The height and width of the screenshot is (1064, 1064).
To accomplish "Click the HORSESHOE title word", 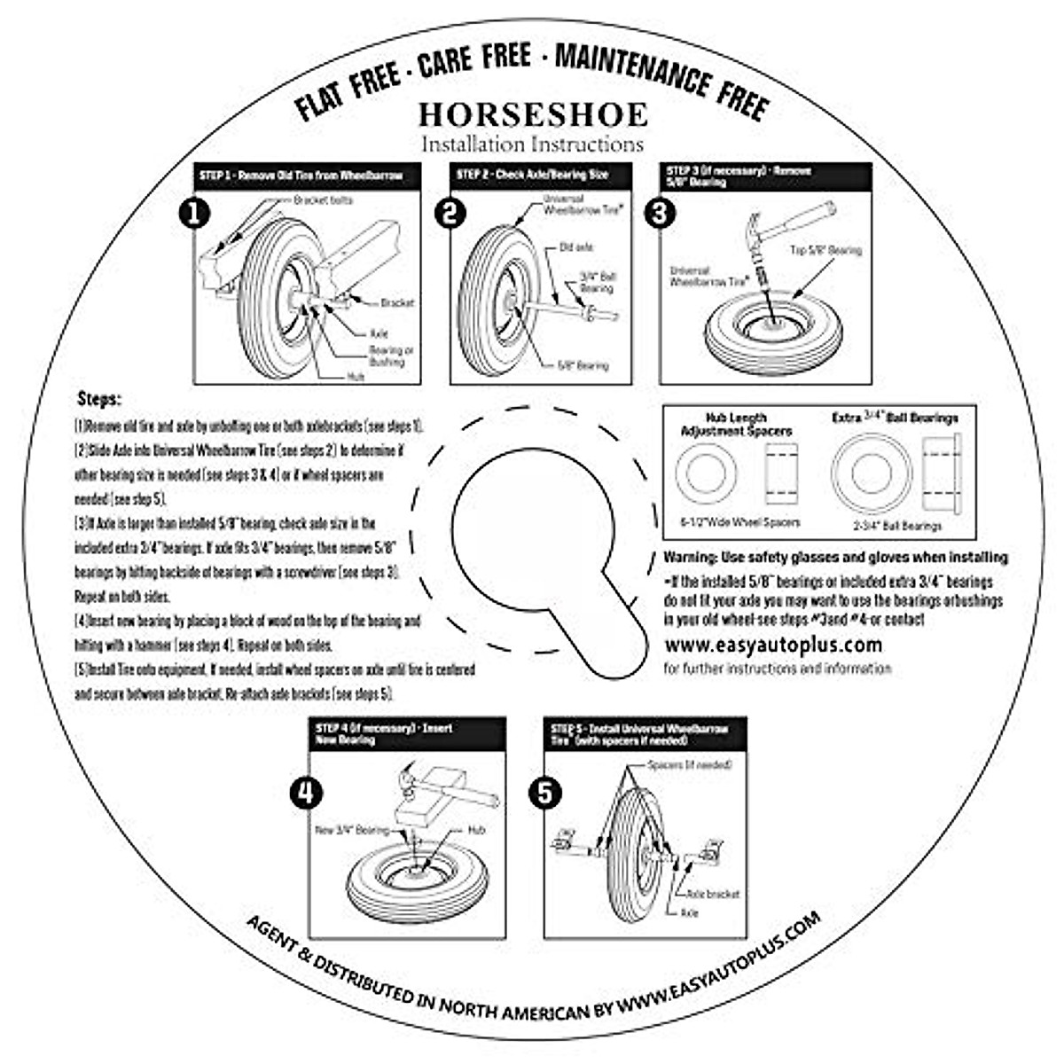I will pos(533,114).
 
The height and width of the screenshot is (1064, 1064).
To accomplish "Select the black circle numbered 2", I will pos(452,214).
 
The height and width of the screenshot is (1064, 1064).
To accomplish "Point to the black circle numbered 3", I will pos(659,214).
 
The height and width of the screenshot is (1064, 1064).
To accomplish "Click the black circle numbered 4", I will pos(306,793).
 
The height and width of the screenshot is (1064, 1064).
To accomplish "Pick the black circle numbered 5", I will pos(544,793).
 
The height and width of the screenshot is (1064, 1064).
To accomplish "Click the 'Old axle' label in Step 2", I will pos(576,247).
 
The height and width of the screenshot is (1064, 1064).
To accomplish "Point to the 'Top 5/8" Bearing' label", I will pos(825,251).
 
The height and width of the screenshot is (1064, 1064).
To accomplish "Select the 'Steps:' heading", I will pos(99,399).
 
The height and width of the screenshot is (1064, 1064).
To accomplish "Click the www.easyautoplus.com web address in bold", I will pos(772,645).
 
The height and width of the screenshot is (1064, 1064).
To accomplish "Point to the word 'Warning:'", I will pos(694,558).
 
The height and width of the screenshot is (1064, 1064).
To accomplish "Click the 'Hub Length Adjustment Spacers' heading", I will pos(736,424).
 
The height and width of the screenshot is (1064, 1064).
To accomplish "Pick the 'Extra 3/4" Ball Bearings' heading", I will pos(896,418).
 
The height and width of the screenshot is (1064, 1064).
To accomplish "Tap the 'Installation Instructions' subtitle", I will pos(532,144).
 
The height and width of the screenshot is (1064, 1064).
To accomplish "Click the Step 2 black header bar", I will pos(541,176).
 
